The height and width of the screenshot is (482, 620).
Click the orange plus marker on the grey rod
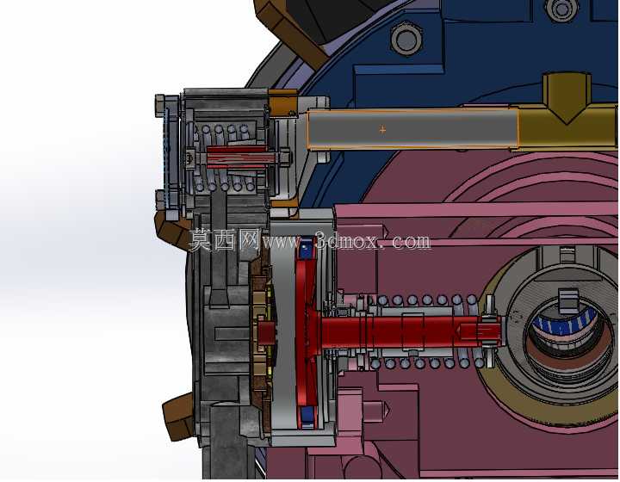pos(382,129)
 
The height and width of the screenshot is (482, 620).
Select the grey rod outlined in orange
pos(412,130)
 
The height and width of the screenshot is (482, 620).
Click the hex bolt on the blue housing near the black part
pos(406,39)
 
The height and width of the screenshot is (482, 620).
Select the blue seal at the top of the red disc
pos(307,249)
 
